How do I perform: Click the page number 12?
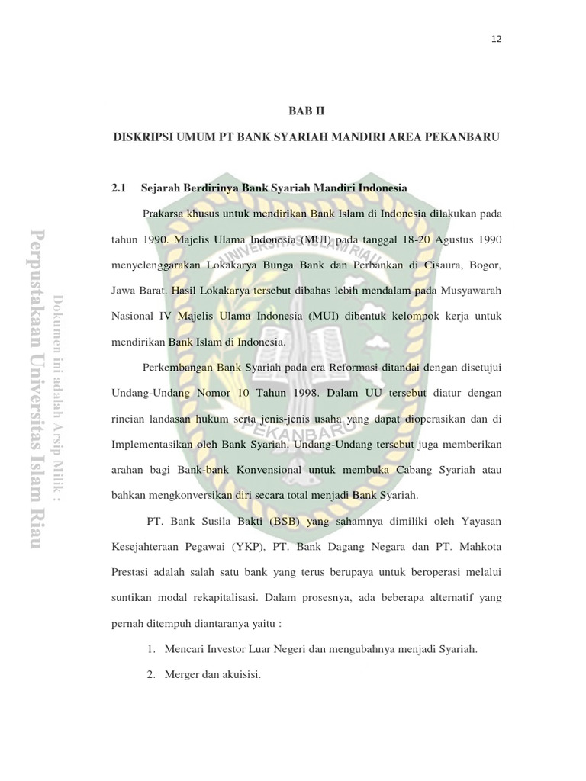496,38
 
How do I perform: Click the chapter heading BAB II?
306,111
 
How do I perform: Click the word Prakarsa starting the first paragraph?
163,214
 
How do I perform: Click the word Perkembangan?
177,367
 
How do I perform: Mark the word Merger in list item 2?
179,675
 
